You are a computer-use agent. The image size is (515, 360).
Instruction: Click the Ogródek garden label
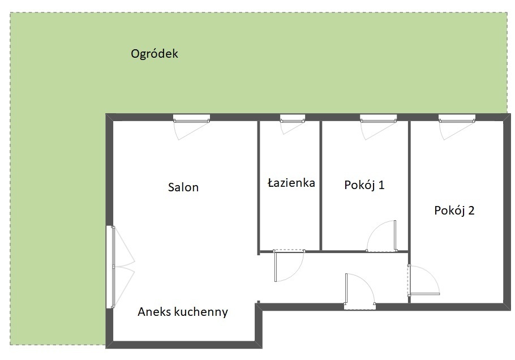click(x=154, y=54)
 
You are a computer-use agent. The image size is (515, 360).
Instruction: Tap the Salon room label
click(x=183, y=187)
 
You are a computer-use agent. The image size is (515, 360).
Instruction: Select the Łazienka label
click(x=291, y=183)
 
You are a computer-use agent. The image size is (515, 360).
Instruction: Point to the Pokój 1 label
click(x=364, y=185)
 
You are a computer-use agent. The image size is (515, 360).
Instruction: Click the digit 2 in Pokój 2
click(x=470, y=211)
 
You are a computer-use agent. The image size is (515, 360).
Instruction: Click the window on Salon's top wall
click(x=191, y=119)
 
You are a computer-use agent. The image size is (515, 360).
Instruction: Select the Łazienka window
click(x=293, y=119)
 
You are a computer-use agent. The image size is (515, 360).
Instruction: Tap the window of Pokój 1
click(x=377, y=119)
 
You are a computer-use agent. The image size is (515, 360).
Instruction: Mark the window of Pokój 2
click(x=456, y=119)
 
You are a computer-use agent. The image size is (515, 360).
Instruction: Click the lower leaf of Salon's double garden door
click(x=114, y=286)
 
